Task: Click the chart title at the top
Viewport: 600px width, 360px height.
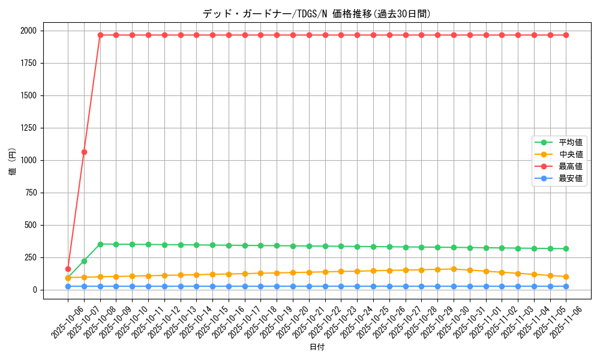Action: (317, 14)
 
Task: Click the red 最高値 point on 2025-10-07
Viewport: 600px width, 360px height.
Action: (84, 152)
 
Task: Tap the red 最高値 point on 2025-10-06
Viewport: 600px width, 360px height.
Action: (68, 269)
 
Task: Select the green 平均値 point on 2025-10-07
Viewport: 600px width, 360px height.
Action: (84, 261)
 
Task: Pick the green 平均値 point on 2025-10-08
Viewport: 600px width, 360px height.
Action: (100, 244)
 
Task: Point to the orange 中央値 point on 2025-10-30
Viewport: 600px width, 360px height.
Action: (454, 269)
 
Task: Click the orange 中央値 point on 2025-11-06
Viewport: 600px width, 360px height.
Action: (566, 277)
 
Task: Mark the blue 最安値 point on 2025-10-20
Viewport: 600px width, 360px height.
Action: (293, 286)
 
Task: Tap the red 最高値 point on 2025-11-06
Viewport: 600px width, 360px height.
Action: (566, 35)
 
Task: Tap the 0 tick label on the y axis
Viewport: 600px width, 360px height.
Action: (34, 290)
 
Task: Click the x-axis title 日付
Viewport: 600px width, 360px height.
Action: (317, 347)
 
